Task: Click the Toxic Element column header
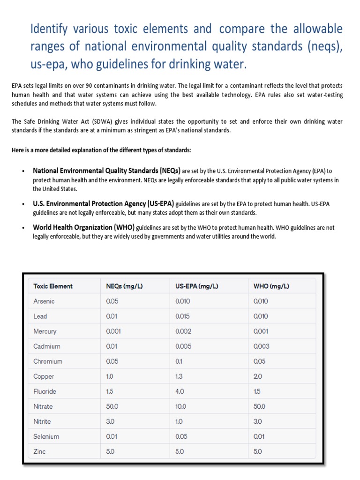click(x=53, y=286)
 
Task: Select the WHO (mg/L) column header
click(x=271, y=286)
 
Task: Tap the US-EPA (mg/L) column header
click(x=196, y=286)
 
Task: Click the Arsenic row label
click(x=44, y=301)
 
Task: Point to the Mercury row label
click(x=45, y=331)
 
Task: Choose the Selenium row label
click(x=46, y=436)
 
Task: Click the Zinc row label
click(x=40, y=451)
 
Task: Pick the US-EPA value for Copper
click(x=180, y=376)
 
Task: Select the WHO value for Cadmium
click(x=261, y=346)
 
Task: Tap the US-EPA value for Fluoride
click(x=180, y=391)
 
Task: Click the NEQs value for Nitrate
click(x=112, y=406)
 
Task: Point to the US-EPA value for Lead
click(x=183, y=316)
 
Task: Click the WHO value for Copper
click(x=258, y=376)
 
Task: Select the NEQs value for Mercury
click(x=114, y=331)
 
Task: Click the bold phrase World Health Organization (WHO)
click(x=83, y=227)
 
